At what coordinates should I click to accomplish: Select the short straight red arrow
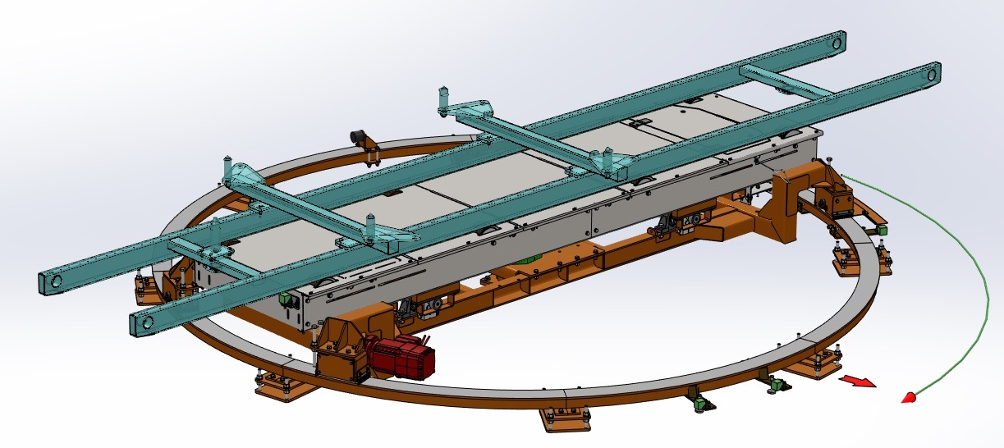click(856, 381)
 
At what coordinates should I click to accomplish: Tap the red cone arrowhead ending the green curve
click(909, 398)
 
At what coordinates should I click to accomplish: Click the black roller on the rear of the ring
click(358, 135)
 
